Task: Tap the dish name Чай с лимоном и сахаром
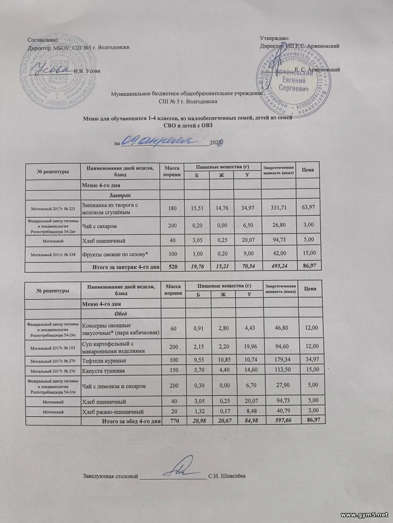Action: click(113, 385)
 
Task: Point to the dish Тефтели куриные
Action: click(104, 361)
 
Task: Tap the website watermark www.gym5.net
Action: click(364, 515)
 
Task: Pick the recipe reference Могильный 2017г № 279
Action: click(52, 361)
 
